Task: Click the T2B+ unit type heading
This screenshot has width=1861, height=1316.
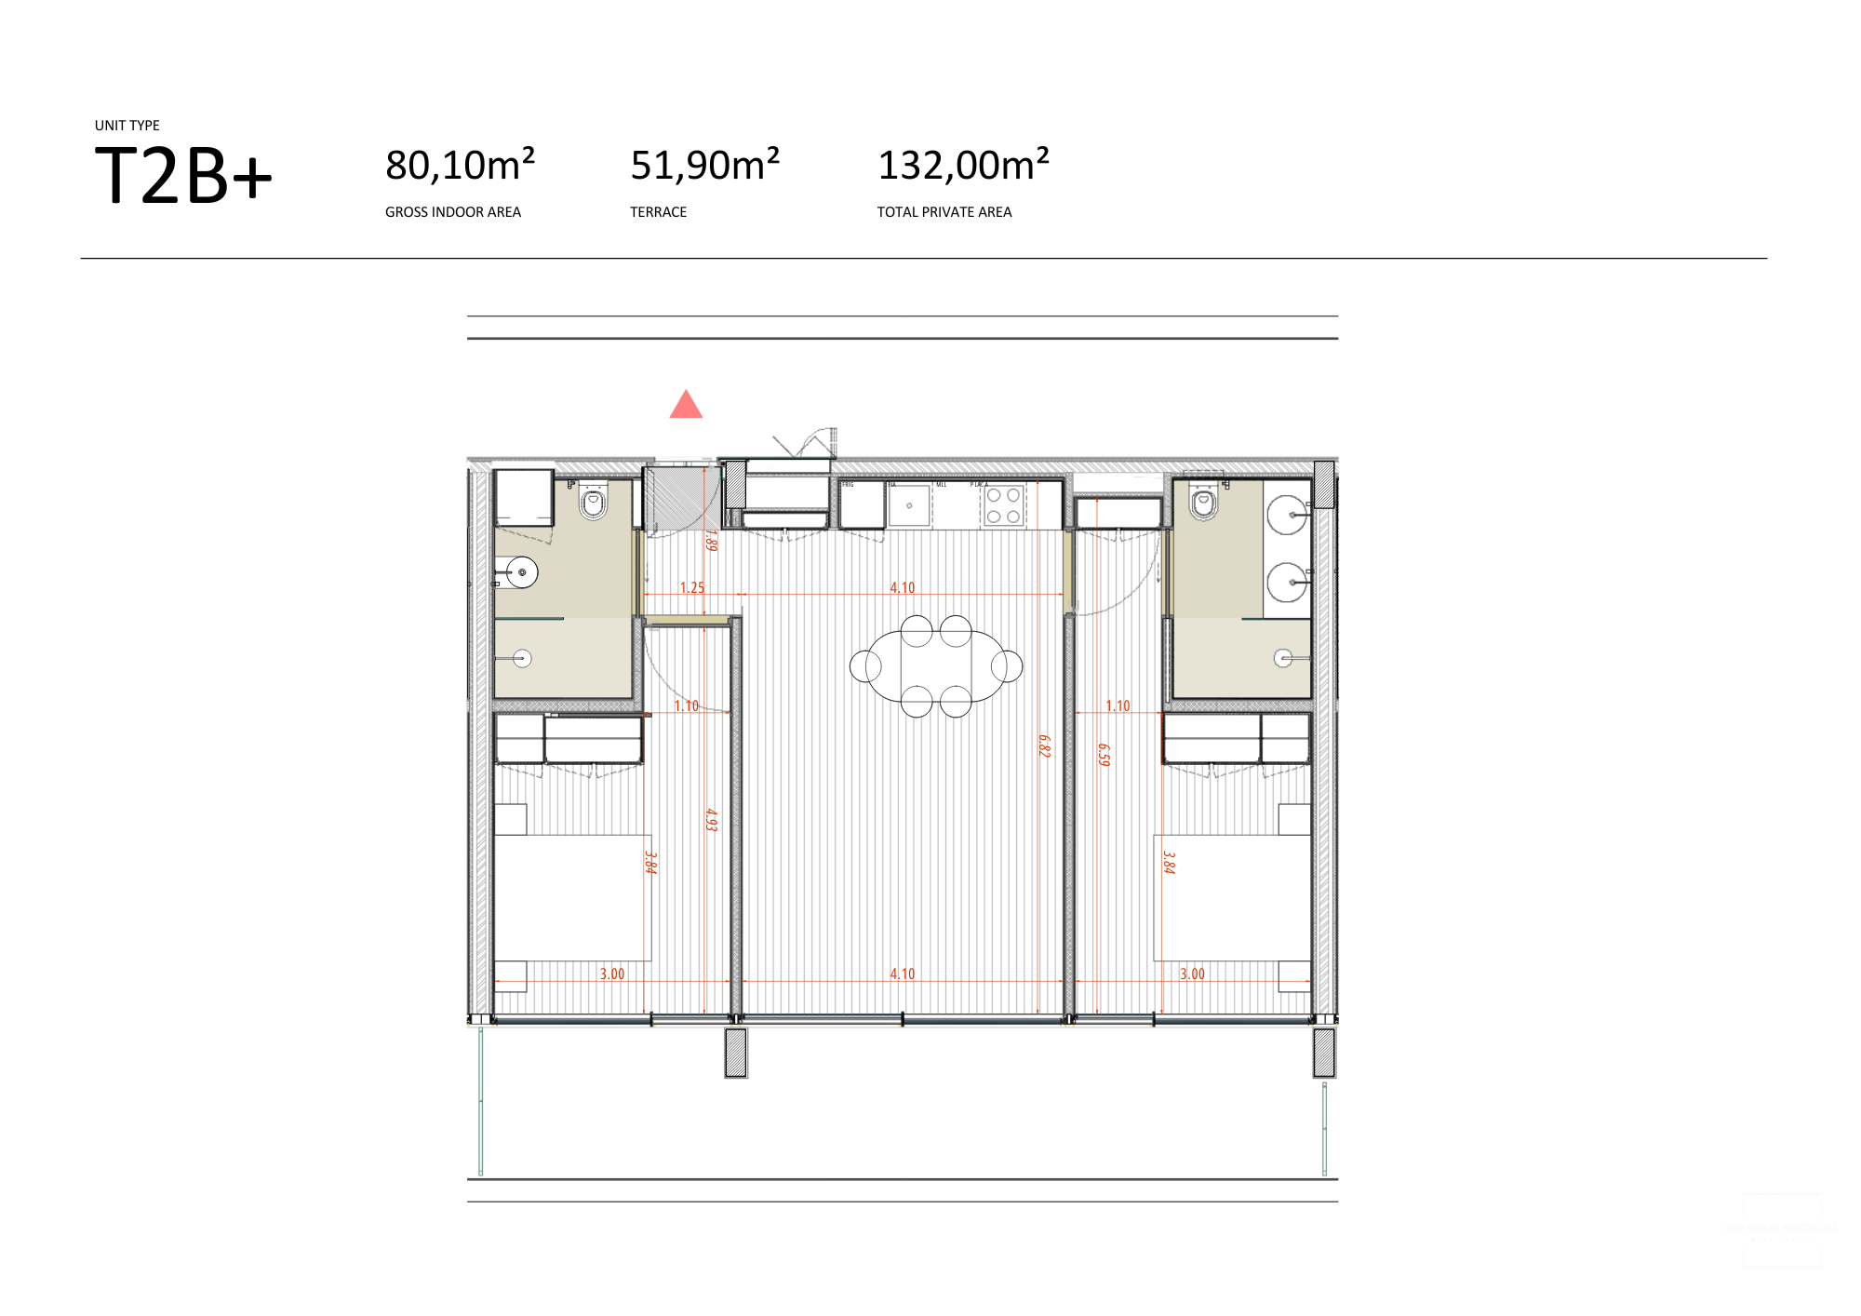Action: click(x=183, y=176)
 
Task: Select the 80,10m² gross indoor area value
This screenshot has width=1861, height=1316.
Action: click(x=460, y=166)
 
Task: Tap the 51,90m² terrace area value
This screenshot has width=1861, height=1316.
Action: click(x=704, y=166)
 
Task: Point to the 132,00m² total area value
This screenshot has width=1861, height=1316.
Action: click(x=963, y=166)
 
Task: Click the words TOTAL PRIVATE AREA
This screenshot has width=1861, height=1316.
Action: click(x=944, y=212)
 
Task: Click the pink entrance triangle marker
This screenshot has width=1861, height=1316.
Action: click(x=686, y=406)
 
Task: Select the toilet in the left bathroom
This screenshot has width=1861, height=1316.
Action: click(x=594, y=504)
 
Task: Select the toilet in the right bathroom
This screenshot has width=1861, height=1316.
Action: click(x=1203, y=504)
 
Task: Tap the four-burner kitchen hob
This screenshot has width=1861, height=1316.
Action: click(x=1003, y=505)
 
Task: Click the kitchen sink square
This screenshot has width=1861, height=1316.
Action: click(x=909, y=505)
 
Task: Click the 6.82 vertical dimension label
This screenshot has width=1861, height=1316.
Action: click(x=1044, y=745)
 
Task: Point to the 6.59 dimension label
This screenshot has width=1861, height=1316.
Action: click(x=1104, y=754)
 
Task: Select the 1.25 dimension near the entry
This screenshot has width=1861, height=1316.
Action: click(x=691, y=587)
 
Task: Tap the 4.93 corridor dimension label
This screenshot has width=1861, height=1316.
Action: click(x=711, y=819)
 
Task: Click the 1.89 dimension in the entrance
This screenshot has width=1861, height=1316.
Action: click(x=711, y=540)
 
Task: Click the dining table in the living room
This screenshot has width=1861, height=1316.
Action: click(x=936, y=666)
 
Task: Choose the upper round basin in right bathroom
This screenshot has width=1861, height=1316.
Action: click(x=1288, y=515)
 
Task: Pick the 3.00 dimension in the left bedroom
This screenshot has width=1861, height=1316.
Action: click(x=611, y=974)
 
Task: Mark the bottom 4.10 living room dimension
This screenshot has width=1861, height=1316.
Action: click(x=902, y=974)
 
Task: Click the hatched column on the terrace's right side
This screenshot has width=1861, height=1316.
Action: click(x=1323, y=1053)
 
